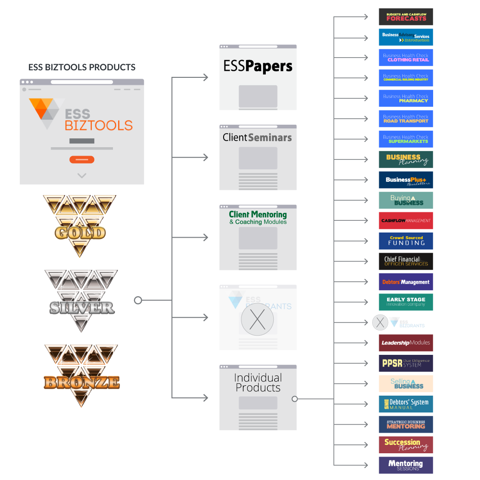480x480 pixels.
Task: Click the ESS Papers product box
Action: [x=258, y=77]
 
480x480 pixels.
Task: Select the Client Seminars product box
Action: [x=258, y=157]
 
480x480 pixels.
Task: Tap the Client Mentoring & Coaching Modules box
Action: [x=258, y=237]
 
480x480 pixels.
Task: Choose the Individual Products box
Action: [x=258, y=397]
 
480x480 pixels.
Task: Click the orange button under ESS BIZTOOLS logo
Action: [x=82, y=159]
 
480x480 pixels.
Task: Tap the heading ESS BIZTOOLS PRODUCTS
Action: [x=82, y=67]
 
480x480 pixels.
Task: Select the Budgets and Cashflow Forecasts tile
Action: [x=406, y=16]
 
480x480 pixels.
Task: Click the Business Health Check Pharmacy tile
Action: [x=406, y=98]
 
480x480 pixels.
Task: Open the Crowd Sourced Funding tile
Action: [x=406, y=241]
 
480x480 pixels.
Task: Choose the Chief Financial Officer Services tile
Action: [x=406, y=261]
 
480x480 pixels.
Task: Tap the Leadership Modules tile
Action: [x=406, y=343]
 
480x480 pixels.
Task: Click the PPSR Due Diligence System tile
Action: [x=406, y=363]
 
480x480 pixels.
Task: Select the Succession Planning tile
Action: [x=406, y=445]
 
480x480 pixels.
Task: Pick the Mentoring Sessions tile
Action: [x=406, y=465]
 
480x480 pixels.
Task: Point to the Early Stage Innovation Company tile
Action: [x=406, y=302]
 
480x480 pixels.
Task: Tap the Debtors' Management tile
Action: [x=406, y=282]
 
